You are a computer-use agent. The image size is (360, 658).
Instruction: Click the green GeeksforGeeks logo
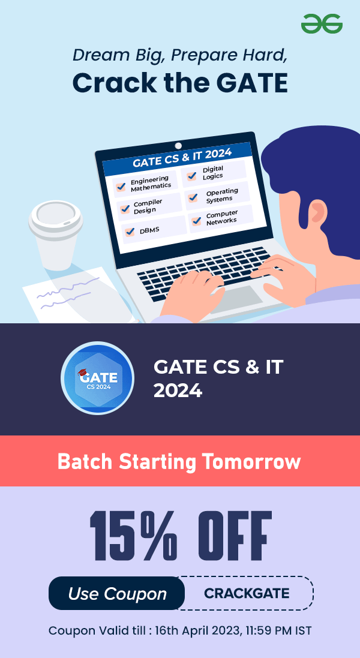[322, 23]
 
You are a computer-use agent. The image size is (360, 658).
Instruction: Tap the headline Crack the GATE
[180, 83]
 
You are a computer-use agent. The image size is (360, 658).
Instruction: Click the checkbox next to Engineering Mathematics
[121, 187]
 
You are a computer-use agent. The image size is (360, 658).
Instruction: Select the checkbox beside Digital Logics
[192, 176]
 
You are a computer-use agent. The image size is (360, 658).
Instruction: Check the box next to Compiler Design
[125, 209]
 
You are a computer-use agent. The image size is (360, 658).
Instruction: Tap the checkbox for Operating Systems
[193, 197]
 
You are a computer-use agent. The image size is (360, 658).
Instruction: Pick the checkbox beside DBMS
[130, 231]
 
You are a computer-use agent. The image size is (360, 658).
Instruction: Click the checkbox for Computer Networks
[196, 220]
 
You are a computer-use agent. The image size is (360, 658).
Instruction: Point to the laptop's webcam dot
[178, 146]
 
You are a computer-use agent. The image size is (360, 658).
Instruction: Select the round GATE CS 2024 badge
[97, 378]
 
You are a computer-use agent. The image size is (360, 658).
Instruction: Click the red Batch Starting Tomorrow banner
[180, 461]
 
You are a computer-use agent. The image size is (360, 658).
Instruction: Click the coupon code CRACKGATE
[247, 593]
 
